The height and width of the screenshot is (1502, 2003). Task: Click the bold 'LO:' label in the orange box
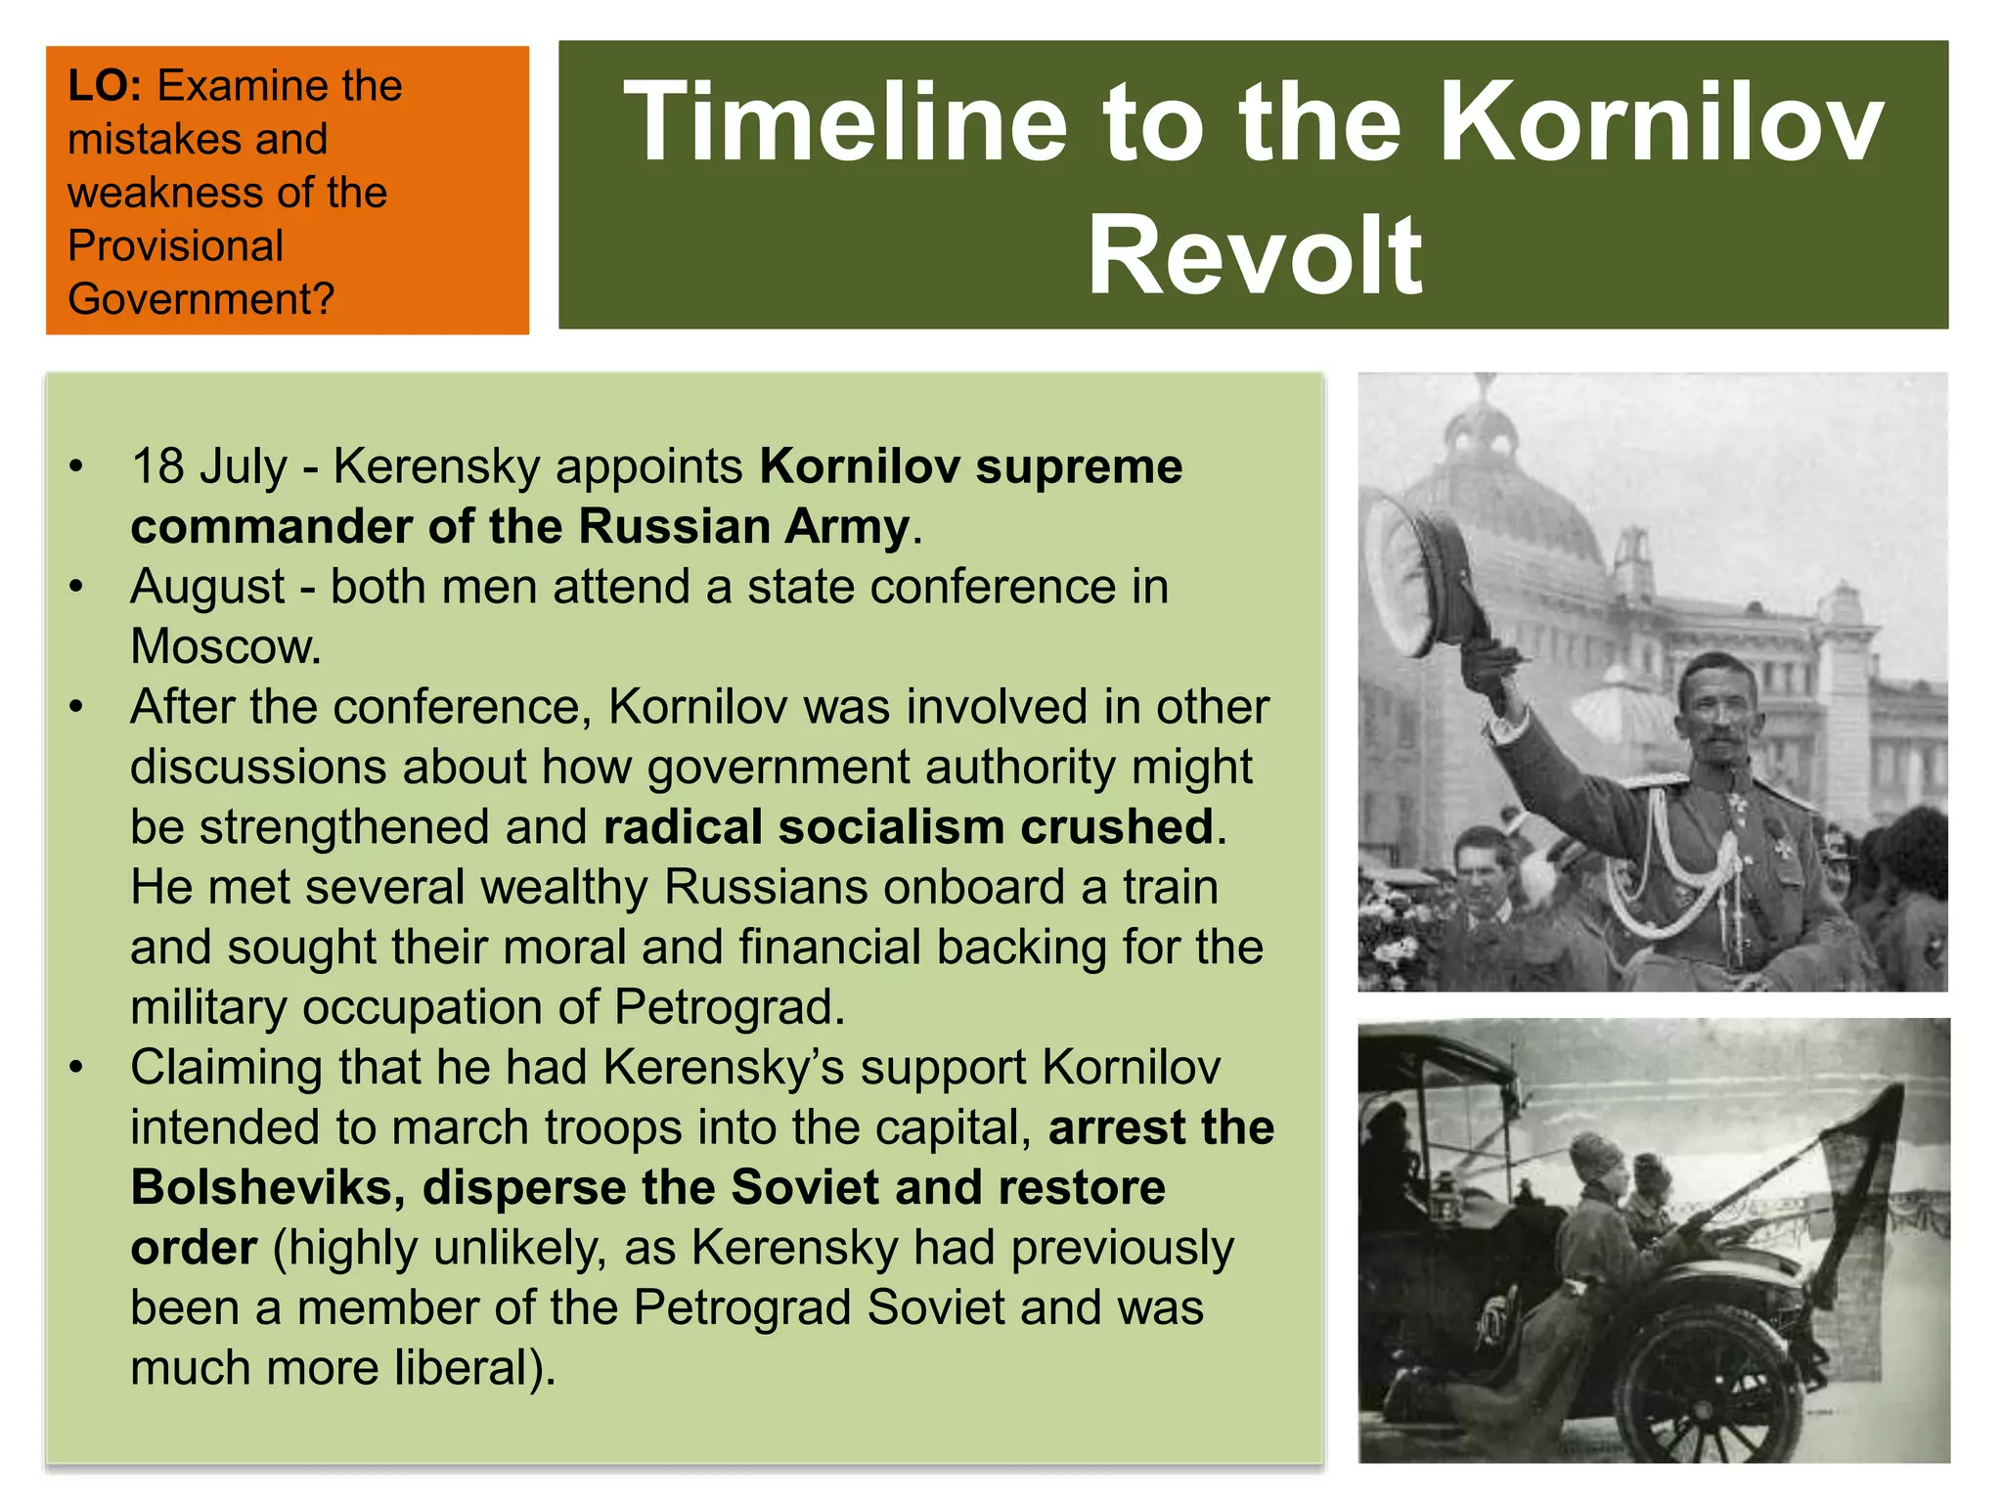[x=105, y=86]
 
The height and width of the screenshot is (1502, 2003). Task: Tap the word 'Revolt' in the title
[x=1254, y=255]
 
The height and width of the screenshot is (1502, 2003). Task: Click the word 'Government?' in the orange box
[x=200, y=298]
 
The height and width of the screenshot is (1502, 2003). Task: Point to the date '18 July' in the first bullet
[x=209, y=466]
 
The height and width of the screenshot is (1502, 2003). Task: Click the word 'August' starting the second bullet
[x=207, y=587]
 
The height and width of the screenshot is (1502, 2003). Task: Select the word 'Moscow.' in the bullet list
[x=226, y=646]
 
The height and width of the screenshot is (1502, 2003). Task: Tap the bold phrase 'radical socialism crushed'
[x=909, y=827]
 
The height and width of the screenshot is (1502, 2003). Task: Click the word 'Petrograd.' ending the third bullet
[x=730, y=1007]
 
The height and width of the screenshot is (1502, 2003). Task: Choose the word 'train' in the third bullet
[x=1170, y=887]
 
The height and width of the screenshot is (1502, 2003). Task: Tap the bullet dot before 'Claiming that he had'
[x=76, y=1068]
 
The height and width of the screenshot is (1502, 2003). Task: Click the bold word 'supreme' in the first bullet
[x=1079, y=466]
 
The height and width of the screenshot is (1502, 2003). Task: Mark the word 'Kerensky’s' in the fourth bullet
[x=724, y=1068]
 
